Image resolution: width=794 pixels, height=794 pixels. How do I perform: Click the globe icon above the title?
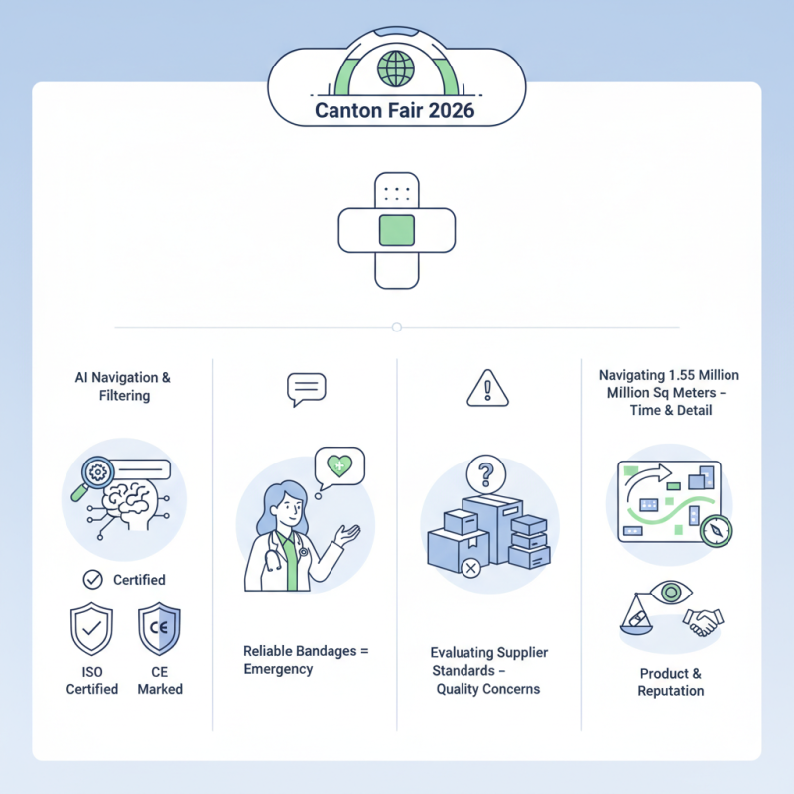tap(396, 69)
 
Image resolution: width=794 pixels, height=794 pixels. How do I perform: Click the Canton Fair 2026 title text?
tap(395, 109)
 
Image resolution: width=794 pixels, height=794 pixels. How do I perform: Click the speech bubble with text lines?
tap(306, 389)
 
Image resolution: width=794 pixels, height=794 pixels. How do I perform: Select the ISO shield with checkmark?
tap(91, 629)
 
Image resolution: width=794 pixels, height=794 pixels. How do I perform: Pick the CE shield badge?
tap(159, 629)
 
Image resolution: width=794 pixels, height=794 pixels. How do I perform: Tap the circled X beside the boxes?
tap(470, 568)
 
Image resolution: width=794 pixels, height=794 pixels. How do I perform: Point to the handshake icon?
tap(703, 622)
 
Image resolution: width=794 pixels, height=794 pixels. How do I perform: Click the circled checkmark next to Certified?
tap(92, 579)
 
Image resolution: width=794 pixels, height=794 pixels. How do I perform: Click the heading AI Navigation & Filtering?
tap(123, 386)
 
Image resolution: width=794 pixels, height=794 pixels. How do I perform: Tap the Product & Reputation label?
tap(671, 682)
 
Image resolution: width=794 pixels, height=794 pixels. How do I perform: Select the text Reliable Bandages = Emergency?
tap(306, 660)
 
